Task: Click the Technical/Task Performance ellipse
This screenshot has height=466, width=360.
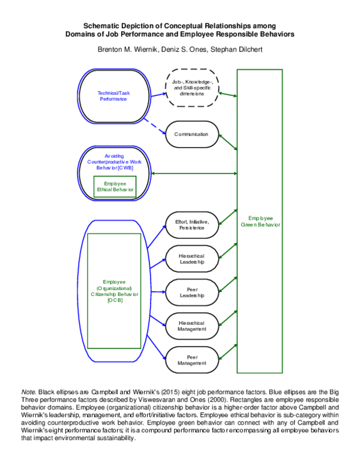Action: click(113, 96)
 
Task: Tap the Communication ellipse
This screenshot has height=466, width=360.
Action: click(191, 135)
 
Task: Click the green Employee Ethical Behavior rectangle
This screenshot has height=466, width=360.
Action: click(115, 186)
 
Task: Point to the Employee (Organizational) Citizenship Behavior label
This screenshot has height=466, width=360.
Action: click(114, 291)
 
